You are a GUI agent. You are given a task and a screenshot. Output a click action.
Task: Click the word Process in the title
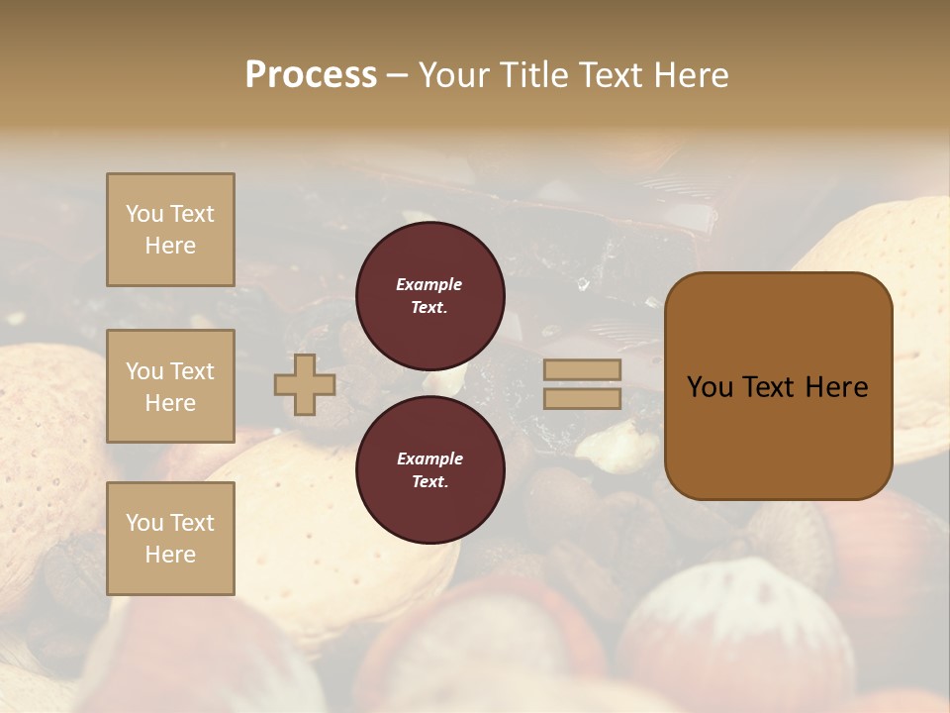[x=311, y=75]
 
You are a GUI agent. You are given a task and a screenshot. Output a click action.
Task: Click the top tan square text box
[x=170, y=230]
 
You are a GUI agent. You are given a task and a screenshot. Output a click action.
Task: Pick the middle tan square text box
[x=170, y=386]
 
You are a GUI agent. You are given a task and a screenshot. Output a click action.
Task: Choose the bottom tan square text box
[x=170, y=539]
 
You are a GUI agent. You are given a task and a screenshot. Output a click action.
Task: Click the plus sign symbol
[x=305, y=385]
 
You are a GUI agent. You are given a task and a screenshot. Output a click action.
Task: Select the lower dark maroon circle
[x=429, y=470]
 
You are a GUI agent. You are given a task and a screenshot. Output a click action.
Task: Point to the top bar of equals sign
[x=582, y=370]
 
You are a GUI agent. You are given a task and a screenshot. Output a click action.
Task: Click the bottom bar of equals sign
[x=582, y=399]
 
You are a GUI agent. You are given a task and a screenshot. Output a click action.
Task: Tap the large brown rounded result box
[x=778, y=386]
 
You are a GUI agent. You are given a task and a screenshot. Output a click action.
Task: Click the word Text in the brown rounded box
[x=768, y=387]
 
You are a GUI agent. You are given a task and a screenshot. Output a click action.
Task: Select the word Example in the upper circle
[x=429, y=284]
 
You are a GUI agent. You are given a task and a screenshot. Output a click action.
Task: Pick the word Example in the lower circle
[x=429, y=458]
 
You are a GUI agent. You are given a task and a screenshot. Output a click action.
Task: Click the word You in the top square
[x=144, y=214]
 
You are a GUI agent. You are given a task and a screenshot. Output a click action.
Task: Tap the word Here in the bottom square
[x=170, y=555]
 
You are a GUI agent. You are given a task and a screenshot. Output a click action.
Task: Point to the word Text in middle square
[x=192, y=371]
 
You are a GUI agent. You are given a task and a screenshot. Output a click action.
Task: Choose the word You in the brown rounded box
[x=710, y=387]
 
